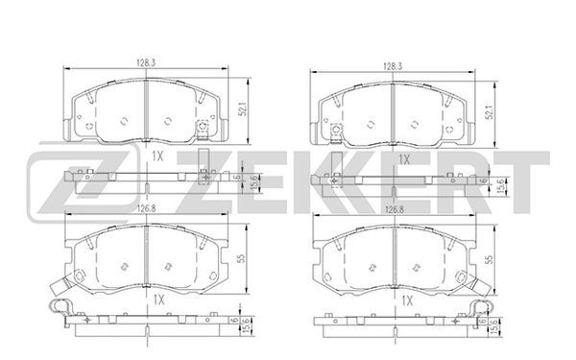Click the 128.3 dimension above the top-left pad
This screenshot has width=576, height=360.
click(x=146, y=62)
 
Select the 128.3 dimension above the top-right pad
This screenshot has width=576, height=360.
click(x=393, y=66)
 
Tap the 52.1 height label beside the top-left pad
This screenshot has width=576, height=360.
click(x=243, y=108)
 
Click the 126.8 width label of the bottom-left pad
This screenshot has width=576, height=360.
click(x=147, y=208)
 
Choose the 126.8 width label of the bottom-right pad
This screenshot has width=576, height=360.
click(x=395, y=209)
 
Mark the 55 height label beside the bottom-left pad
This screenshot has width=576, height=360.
click(x=241, y=258)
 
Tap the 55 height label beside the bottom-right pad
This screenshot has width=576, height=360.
click(x=489, y=260)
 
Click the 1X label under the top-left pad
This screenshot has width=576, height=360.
click(x=157, y=156)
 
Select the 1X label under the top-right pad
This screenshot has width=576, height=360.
click(x=404, y=159)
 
